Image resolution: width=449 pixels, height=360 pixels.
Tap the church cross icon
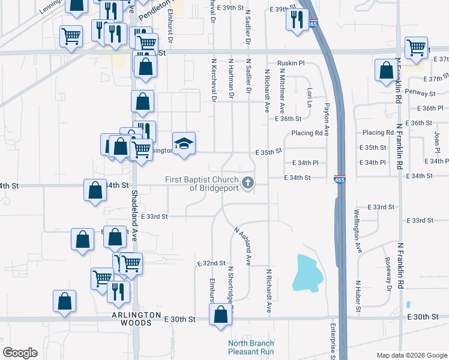tap(247, 182)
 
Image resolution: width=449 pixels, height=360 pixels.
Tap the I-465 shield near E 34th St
tap(340, 178)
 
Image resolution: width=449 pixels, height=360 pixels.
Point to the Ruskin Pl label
tap(291, 63)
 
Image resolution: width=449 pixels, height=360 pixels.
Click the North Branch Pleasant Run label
tap(251, 347)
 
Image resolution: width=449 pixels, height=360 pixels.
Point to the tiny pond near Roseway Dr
tap(408, 305)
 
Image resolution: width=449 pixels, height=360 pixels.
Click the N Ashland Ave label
tap(243, 245)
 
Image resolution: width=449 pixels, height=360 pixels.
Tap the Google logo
tap(19, 353)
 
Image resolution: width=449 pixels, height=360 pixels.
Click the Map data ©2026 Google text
tap(411, 355)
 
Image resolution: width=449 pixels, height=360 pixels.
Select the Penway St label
tap(420, 94)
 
